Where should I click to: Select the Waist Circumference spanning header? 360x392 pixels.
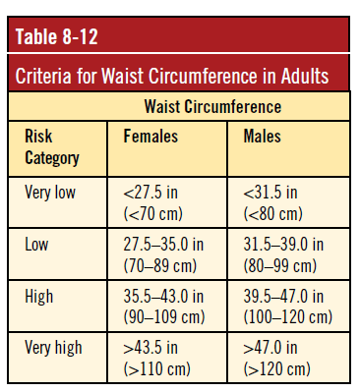coord(212,107)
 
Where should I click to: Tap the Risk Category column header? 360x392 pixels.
coord(51,146)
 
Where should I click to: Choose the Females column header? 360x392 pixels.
coord(150,138)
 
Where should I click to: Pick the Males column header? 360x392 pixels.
coord(262,138)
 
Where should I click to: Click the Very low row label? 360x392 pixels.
coord(49,192)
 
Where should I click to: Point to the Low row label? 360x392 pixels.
coord(36,244)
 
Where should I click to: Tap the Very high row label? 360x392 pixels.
coord(53,348)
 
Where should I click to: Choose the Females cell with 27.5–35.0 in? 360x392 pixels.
coord(163,253)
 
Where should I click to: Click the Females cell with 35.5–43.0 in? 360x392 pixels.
coord(163,306)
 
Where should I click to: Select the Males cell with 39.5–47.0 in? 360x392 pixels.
coord(288,306)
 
